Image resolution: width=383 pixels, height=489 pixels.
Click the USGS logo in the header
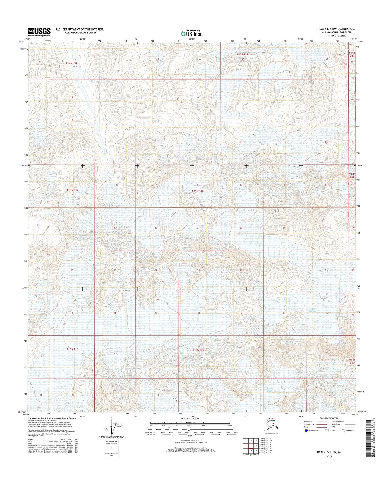(39, 32)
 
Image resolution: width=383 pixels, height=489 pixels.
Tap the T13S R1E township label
(72, 63)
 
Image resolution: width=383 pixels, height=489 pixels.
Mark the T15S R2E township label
(199, 350)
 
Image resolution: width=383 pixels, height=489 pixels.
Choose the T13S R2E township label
(243, 54)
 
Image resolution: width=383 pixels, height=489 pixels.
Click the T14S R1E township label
(72, 190)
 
